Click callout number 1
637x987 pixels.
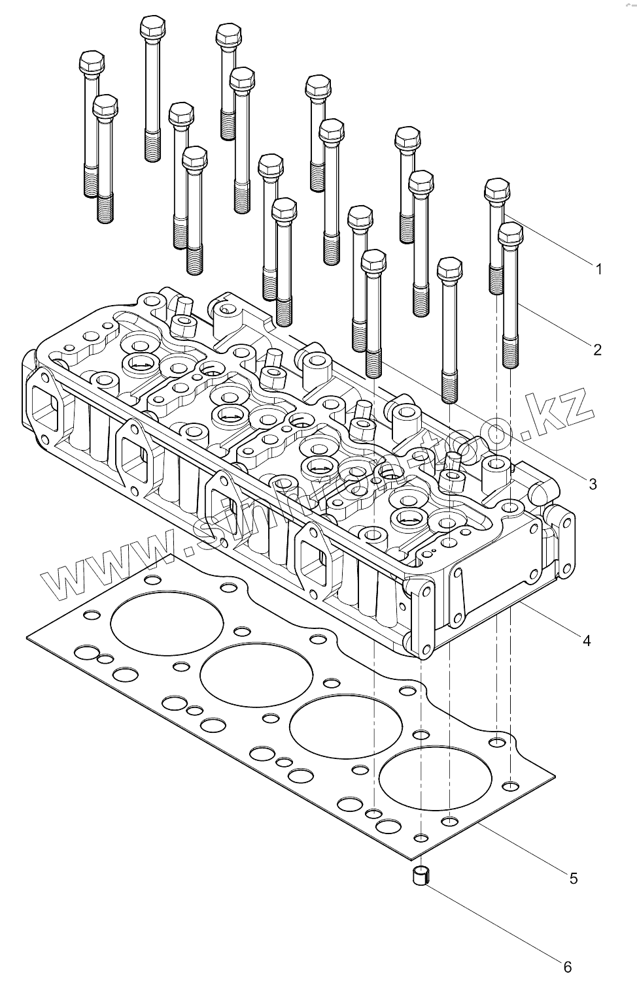[x=598, y=268]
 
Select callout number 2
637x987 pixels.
[x=597, y=349]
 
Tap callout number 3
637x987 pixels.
[x=593, y=484]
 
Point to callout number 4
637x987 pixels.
[x=587, y=641]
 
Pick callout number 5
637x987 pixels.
[x=574, y=879]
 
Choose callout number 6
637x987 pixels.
[x=568, y=966]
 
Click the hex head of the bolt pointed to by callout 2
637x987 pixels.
[x=511, y=233]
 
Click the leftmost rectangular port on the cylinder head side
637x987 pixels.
[x=43, y=405]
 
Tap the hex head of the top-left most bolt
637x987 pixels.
[x=90, y=63]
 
